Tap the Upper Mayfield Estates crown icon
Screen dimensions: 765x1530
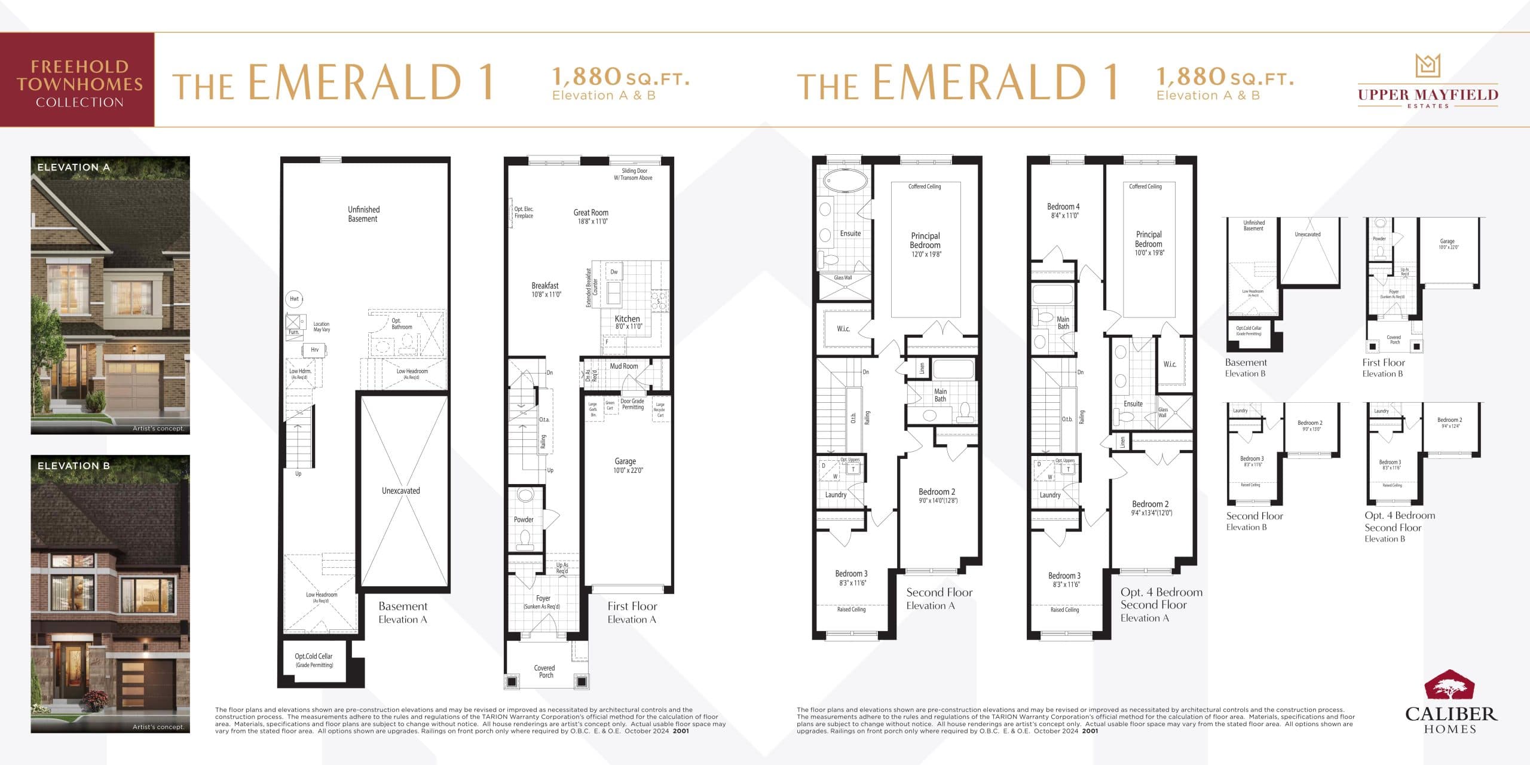pos(1428,66)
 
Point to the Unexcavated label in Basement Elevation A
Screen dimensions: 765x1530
pos(400,491)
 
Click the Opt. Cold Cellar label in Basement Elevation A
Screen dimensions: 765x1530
pos(313,660)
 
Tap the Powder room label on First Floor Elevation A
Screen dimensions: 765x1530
pos(524,519)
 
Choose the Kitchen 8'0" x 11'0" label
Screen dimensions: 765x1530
pos(628,322)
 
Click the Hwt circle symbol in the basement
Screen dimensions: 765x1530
pos(294,299)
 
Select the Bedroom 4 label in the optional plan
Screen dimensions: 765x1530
pos(1063,210)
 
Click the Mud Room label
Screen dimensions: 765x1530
pos(623,366)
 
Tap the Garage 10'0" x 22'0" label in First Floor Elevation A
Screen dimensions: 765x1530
pos(625,465)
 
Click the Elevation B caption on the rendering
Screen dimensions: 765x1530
pos(74,466)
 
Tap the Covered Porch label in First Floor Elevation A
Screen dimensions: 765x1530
pos(544,671)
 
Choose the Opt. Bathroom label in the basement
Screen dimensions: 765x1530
pos(401,323)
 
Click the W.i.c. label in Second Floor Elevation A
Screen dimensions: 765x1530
pos(843,329)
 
